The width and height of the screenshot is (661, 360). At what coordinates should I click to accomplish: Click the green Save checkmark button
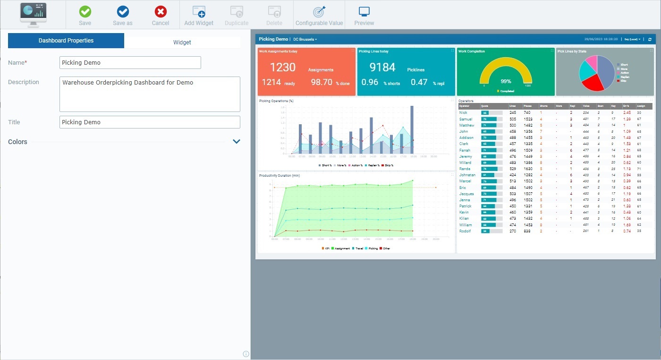coord(85,12)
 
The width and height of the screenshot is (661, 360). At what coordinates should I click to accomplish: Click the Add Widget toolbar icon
coord(199,12)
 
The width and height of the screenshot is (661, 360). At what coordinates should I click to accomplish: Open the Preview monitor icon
coord(364,12)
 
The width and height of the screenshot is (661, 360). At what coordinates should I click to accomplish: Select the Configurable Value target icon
coord(319,12)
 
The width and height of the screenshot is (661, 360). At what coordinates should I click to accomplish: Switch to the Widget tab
coord(182,42)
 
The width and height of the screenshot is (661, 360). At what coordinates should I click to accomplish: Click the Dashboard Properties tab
coord(66,41)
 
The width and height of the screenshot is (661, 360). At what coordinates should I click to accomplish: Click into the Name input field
coord(130,62)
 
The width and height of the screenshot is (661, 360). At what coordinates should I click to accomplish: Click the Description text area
coord(150,94)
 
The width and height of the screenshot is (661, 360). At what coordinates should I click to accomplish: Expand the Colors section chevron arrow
coord(237,141)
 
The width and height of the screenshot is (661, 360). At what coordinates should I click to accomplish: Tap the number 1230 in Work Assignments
coord(282,68)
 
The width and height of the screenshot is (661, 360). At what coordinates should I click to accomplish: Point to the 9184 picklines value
coord(382,68)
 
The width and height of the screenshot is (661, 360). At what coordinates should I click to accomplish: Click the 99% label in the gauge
coord(506,81)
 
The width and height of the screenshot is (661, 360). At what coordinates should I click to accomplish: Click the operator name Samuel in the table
coord(466,120)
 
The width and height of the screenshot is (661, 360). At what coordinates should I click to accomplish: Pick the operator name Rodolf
coord(465,231)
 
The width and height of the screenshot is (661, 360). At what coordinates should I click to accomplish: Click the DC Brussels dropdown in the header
coord(305,39)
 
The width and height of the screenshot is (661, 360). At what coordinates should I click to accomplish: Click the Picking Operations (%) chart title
coord(276,101)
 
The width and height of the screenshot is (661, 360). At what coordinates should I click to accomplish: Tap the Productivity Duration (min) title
coord(280,175)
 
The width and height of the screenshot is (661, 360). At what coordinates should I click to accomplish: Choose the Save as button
coord(123,12)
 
